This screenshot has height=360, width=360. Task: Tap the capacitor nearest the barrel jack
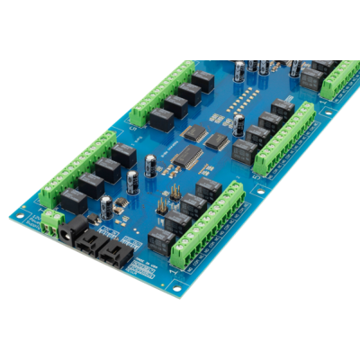tap(108, 207)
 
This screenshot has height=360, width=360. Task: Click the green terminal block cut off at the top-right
tap(337, 79)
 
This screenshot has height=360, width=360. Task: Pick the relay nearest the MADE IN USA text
tap(157, 239)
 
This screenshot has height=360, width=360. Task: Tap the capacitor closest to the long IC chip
tap(152, 164)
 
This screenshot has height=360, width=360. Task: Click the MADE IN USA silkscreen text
tap(144, 266)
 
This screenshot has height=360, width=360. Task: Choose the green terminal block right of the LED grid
tap(283, 137)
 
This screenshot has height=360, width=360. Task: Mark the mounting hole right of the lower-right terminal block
tap(258, 191)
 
